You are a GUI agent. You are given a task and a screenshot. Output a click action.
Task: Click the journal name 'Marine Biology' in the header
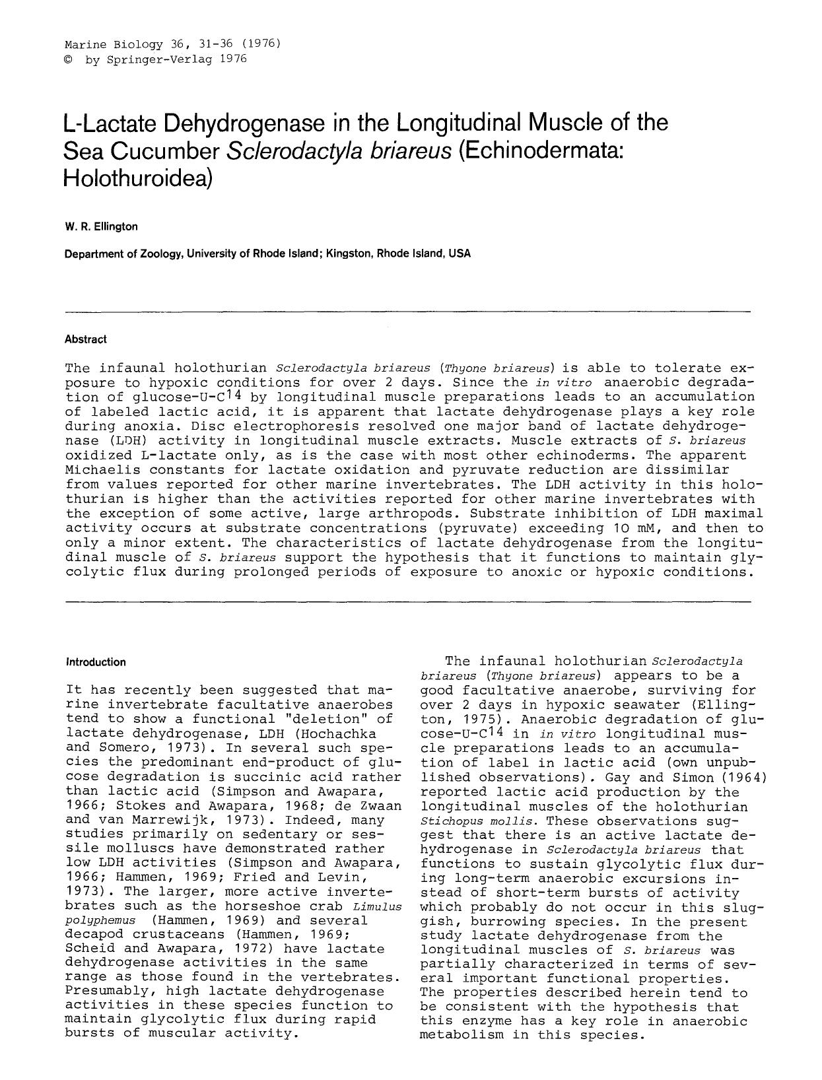pyautogui.click(x=114, y=45)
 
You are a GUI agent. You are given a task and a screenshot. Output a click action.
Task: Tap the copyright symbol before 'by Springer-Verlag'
pyautogui.click(x=69, y=59)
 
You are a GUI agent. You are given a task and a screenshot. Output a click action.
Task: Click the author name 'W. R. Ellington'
pyautogui.click(x=101, y=227)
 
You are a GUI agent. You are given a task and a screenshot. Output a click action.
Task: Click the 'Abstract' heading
pyautogui.click(x=85, y=339)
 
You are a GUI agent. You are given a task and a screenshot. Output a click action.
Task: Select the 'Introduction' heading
pyautogui.click(x=96, y=662)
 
